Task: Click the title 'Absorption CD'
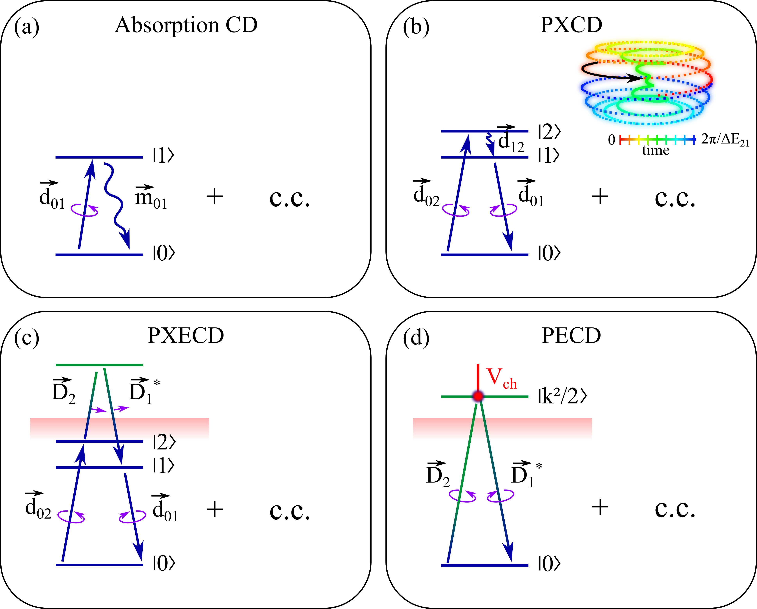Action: [x=186, y=25]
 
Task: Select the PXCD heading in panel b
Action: [x=571, y=25]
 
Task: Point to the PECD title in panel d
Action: [x=571, y=336]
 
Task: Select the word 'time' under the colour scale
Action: [x=656, y=150]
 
